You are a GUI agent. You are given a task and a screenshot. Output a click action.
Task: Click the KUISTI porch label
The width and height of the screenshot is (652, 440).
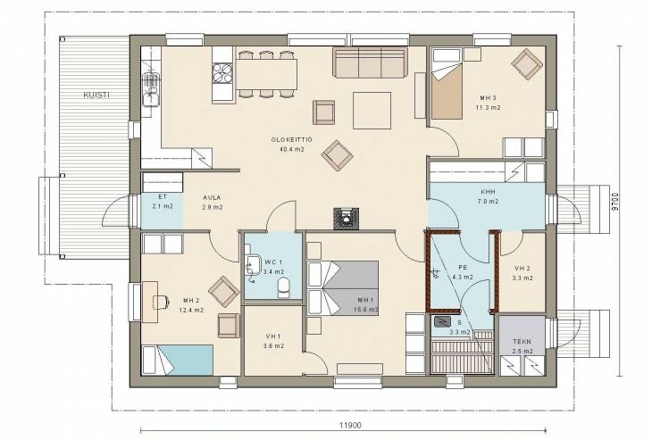(96, 95)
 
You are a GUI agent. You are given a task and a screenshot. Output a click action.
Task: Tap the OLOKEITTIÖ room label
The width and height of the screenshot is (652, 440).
(291, 139)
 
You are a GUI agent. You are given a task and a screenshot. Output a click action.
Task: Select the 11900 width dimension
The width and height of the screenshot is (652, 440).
(350, 425)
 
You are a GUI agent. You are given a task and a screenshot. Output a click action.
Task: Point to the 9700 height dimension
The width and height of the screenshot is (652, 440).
(615, 202)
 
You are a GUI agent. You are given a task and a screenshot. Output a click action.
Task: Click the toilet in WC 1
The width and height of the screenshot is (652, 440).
(284, 287)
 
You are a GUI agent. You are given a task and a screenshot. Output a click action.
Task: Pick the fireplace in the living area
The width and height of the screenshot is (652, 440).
(346, 218)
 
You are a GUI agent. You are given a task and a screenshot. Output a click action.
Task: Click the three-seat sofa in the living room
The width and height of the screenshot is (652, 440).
(370, 62)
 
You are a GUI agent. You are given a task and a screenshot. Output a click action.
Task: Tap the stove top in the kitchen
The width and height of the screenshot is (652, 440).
(222, 72)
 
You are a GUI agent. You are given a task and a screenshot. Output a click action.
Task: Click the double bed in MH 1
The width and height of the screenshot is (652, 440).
(343, 287)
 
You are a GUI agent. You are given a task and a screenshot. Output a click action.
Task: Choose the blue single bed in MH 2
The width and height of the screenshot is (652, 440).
(178, 360)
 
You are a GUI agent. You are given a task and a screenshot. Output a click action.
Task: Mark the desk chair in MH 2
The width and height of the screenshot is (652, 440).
(161, 302)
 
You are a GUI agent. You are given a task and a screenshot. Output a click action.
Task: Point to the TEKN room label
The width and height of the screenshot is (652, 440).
(522, 342)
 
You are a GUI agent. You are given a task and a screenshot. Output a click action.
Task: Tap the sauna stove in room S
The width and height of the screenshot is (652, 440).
(441, 321)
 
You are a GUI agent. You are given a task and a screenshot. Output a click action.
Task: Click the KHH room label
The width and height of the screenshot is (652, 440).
(488, 192)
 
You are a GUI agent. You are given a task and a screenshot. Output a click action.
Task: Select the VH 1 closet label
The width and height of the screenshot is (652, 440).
(273, 336)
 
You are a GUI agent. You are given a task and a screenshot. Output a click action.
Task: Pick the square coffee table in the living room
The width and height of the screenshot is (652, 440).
(372, 111)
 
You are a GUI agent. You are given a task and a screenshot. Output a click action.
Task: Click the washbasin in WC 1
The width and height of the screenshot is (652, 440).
(251, 264)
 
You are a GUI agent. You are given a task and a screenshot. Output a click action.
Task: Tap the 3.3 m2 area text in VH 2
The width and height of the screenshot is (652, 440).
(522, 278)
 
